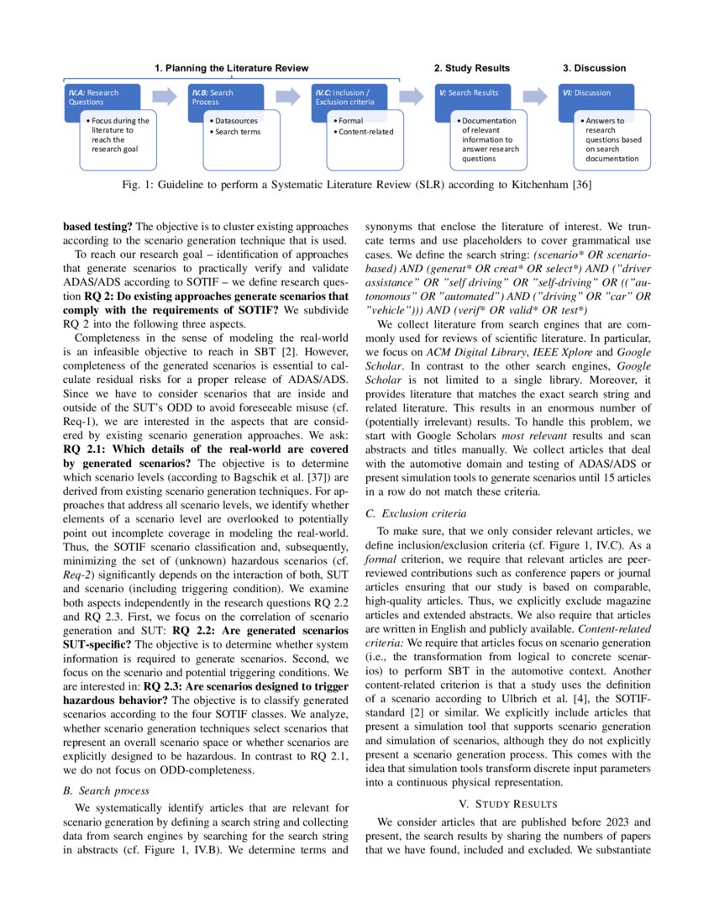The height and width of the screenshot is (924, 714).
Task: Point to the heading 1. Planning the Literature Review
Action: click(232, 68)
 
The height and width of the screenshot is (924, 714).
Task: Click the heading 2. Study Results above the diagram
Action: click(471, 68)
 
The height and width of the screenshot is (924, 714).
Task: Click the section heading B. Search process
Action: click(107, 790)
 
